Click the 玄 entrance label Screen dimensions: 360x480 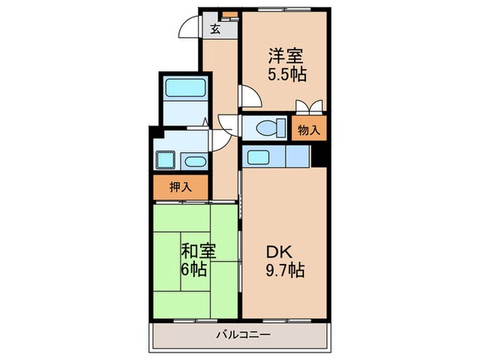tap(215, 29)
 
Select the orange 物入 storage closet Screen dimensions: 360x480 tap(308, 130)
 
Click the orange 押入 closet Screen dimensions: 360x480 tap(180, 187)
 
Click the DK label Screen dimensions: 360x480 tap(281, 252)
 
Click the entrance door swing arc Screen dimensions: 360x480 tap(186, 29)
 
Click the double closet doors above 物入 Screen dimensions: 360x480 tap(309, 108)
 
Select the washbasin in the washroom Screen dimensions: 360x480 tap(194, 162)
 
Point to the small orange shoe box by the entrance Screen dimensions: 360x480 tap(228, 14)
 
